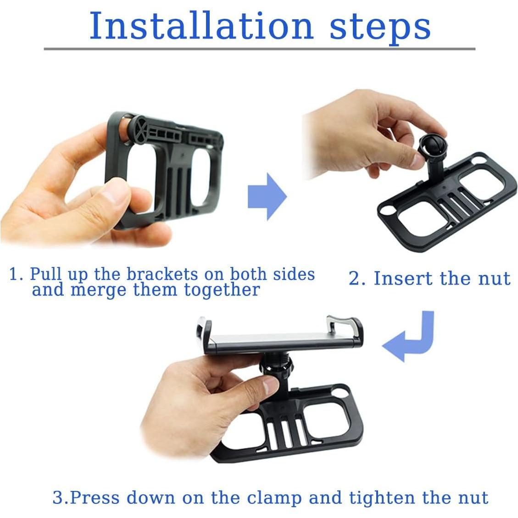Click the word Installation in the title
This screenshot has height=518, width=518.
click(201, 26)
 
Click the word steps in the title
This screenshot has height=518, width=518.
click(380, 28)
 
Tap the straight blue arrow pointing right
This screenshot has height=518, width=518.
click(267, 196)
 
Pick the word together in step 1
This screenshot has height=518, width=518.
click(222, 290)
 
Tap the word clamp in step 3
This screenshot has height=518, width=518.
click(274, 497)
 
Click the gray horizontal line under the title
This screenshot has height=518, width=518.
click(259, 49)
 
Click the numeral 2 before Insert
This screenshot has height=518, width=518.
click(355, 278)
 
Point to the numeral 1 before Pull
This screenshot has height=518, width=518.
click(13, 274)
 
